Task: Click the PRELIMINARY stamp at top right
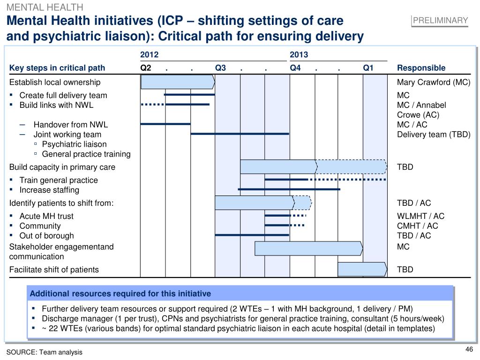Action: click(441, 20)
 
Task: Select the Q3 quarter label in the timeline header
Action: click(220, 68)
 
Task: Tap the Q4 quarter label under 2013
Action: click(295, 68)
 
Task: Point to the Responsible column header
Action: click(421, 68)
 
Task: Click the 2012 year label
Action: click(149, 55)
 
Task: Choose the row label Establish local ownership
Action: click(55, 82)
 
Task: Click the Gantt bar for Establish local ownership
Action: click(178, 82)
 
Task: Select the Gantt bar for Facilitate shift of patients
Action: click(362, 270)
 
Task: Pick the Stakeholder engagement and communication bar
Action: click(308, 249)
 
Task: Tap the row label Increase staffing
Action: click(49, 190)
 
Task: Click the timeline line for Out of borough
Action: click(252, 235)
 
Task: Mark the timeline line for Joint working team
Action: click(240, 134)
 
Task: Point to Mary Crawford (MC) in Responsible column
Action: click(433, 82)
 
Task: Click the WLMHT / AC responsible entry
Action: click(420, 216)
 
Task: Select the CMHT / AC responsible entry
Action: click(417, 226)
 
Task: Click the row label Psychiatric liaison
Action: click(74, 144)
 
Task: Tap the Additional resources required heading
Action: click(120, 294)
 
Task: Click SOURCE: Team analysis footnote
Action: click(44, 352)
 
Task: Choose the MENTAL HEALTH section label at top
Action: click(45, 7)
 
